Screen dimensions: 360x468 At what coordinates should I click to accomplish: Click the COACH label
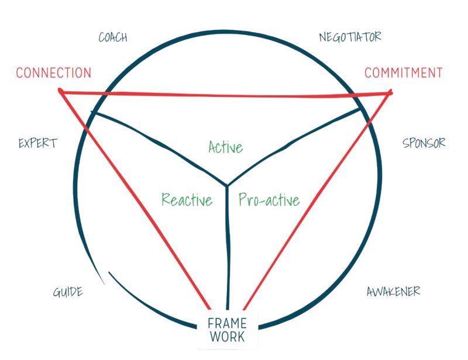pyautogui.click(x=113, y=38)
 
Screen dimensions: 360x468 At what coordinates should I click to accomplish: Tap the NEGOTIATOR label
pyautogui.click(x=350, y=37)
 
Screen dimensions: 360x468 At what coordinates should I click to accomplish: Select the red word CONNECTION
pyautogui.click(x=54, y=73)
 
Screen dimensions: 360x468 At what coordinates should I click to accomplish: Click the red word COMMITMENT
pyautogui.click(x=403, y=73)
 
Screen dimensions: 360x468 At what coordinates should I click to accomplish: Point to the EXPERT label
pyautogui.click(x=38, y=143)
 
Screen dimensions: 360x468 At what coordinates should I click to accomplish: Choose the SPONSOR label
pyautogui.click(x=424, y=143)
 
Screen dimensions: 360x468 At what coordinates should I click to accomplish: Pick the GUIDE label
pyautogui.click(x=68, y=292)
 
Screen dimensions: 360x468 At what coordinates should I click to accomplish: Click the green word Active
pyautogui.click(x=225, y=147)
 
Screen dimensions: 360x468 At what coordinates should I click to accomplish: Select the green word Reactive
pyautogui.click(x=187, y=200)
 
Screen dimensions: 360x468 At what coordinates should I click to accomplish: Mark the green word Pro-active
pyautogui.click(x=269, y=200)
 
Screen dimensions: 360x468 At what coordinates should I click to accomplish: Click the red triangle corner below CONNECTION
pyautogui.click(x=61, y=91)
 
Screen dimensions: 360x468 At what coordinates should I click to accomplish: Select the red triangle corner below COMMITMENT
pyautogui.click(x=390, y=92)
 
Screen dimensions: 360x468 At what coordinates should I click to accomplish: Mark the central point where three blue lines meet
pyautogui.click(x=227, y=186)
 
